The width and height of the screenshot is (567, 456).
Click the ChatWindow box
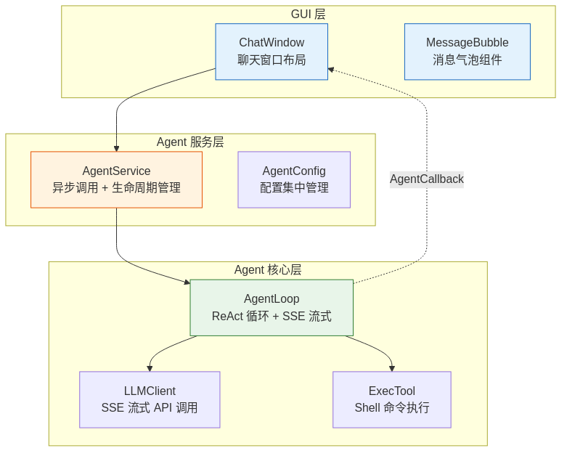coord(272,51)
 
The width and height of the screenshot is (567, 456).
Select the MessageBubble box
coord(467,51)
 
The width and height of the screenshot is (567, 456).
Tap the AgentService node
coord(116,179)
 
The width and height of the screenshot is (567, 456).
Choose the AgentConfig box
coord(294,179)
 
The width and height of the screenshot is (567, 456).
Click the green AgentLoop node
coord(272,307)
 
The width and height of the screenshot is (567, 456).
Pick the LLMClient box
coord(150,399)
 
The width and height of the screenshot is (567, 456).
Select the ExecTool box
coord(392,399)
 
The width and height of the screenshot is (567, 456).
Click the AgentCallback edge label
coord(426,179)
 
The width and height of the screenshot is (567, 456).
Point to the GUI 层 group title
coord(308,15)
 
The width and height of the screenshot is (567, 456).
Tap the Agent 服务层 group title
coord(190,142)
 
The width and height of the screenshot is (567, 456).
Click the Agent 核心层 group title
coord(268,270)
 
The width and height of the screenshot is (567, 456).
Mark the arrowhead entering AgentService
coord(116,147)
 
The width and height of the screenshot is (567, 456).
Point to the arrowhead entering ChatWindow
coord(331,70)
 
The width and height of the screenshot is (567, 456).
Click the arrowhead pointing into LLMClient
coord(150,368)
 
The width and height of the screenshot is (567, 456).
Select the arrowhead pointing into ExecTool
coord(392,368)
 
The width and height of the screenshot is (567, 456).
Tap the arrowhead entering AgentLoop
coord(187,282)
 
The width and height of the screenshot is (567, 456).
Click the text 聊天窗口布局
coord(272,60)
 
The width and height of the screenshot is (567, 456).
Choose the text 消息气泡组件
coord(467,60)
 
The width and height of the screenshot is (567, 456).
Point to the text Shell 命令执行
coord(392,408)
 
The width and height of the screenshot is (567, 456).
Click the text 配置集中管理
coord(294,188)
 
